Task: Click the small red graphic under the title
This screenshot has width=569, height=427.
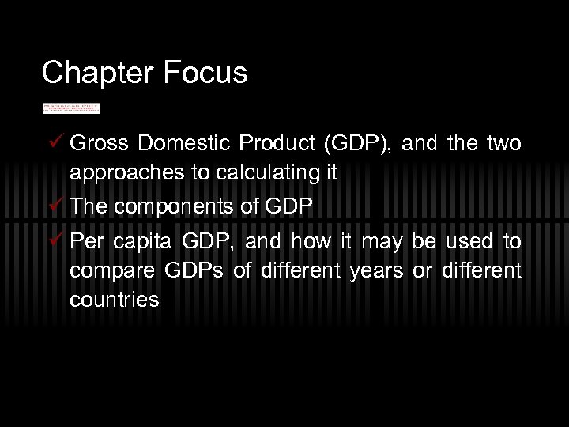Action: [71, 107]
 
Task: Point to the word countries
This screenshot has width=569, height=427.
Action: [114, 301]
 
